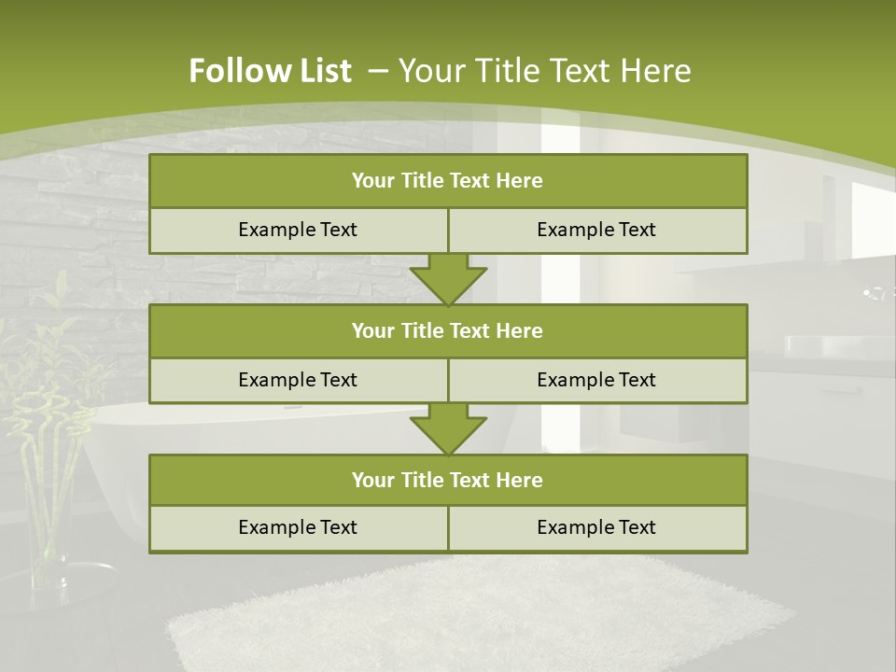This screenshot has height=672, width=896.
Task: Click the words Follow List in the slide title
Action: click(x=270, y=71)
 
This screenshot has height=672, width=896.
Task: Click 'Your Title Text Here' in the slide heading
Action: click(x=544, y=71)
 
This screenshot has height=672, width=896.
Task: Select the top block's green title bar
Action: click(x=448, y=181)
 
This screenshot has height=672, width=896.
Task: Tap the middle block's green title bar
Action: click(x=448, y=330)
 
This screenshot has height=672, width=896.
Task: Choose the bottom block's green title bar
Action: click(x=448, y=480)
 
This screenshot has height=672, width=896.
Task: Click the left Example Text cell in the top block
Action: click(x=298, y=230)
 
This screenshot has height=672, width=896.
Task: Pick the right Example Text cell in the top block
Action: click(x=596, y=230)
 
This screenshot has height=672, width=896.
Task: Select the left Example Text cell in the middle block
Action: click(x=298, y=380)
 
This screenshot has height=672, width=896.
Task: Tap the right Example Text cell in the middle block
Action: click(x=596, y=380)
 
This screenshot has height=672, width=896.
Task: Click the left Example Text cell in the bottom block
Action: click(x=298, y=527)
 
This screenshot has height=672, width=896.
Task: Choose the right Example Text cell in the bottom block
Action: click(x=596, y=527)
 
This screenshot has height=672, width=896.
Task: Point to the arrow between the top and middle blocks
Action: click(x=448, y=279)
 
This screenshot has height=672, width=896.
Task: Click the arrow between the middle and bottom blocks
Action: click(x=448, y=428)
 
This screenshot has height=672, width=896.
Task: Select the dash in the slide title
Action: click(x=378, y=69)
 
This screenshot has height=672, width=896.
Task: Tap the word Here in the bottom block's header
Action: click(x=519, y=480)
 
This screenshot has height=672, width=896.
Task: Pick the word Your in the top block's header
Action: click(x=372, y=181)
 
